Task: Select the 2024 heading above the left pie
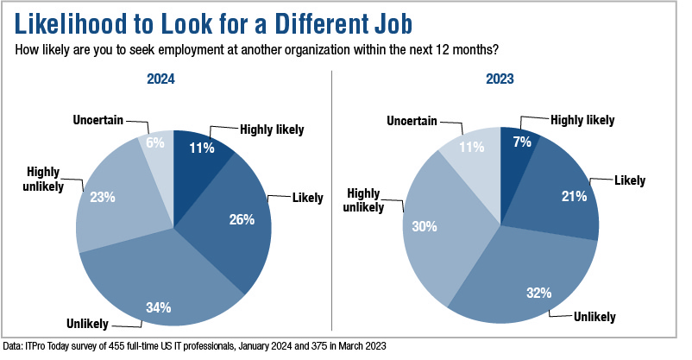[x=174, y=79]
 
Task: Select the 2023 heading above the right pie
[x=500, y=79]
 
